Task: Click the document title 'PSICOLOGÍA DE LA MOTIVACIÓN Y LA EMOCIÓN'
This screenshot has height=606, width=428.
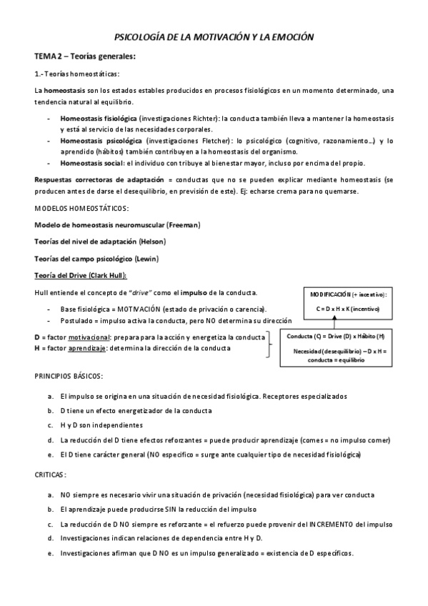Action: click(x=214, y=36)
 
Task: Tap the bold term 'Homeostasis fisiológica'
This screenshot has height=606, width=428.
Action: click(x=98, y=118)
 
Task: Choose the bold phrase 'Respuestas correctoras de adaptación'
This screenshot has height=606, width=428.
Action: click(x=99, y=179)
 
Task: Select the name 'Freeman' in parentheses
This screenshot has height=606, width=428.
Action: click(x=184, y=224)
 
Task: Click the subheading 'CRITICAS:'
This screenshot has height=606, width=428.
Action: click(x=51, y=474)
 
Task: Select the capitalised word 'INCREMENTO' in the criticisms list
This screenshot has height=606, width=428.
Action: click(x=330, y=524)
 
